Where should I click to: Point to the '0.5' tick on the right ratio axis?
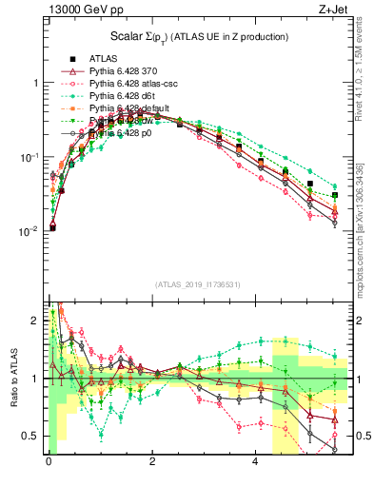(x=358, y=436)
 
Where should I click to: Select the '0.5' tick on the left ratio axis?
(x=30, y=436)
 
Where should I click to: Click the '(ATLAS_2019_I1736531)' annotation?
(x=197, y=284)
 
